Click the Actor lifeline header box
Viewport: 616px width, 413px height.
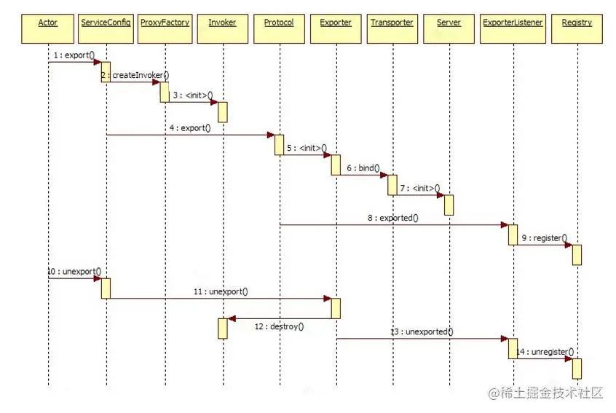(x=48, y=23)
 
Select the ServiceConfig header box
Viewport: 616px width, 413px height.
(x=106, y=23)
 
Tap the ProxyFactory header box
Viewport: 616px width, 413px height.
(x=165, y=23)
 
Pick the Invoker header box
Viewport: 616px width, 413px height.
(x=222, y=23)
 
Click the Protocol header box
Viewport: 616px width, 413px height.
(x=279, y=23)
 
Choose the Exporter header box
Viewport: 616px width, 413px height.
(x=336, y=23)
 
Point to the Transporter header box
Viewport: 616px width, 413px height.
(x=392, y=23)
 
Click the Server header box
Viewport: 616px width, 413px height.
(x=449, y=23)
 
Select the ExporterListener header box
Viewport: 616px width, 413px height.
(x=513, y=23)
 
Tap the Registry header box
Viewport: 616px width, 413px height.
(x=577, y=23)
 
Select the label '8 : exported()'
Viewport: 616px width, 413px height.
(x=393, y=218)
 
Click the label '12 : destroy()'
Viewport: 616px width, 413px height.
(x=279, y=326)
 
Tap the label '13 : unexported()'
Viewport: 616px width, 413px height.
(x=422, y=331)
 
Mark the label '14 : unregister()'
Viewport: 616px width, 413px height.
(x=545, y=352)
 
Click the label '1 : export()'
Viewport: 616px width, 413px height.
(x=74, y=55)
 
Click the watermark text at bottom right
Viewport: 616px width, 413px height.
(x=546, y=393)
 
